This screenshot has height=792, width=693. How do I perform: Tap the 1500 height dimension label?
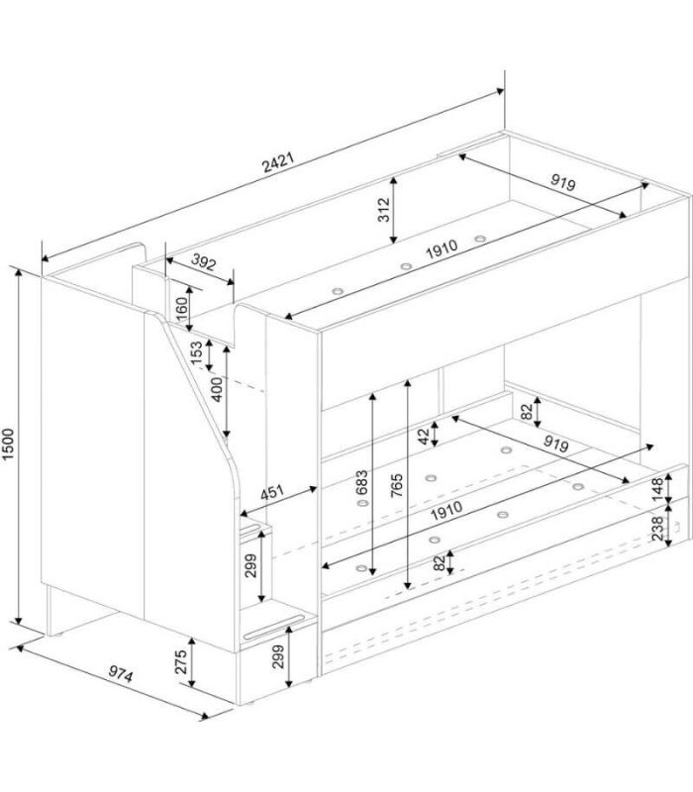click(x=9, y=444)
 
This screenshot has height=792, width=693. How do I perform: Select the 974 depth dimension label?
click(x=121, y=674)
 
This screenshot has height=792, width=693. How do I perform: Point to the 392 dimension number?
click(x=204, y=261)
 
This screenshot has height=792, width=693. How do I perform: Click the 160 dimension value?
click(x=182, y=308)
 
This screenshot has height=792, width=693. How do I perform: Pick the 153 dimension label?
click(x=196, y=353)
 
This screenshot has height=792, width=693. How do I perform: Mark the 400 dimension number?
click(x=216, y=389)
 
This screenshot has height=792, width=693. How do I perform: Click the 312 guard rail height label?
click(x=384, y=210)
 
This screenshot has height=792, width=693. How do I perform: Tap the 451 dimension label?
click(x=272, y=492)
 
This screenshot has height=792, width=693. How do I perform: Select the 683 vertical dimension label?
click(x=361, y=483)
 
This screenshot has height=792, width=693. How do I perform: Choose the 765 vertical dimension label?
click(x=397, y=485)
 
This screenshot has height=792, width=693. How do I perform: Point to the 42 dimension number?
click(x=424, y=437)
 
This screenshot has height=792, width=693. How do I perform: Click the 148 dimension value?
click(x=657, y=489)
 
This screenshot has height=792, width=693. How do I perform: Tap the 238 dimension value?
click(x=657, y=529)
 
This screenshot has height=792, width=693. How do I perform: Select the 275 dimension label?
click(x=181, y=661)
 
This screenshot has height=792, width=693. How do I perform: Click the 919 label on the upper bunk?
click(x=562, y=182)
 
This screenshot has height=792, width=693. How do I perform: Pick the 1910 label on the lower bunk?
click(x=446, y=510)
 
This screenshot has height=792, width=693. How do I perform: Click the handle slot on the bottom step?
click(x=274, y=627)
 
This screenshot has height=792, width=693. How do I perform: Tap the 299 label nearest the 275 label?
click(x=278, y=656)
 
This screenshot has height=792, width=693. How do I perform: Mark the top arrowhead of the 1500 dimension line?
click(x=19, y=273)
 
